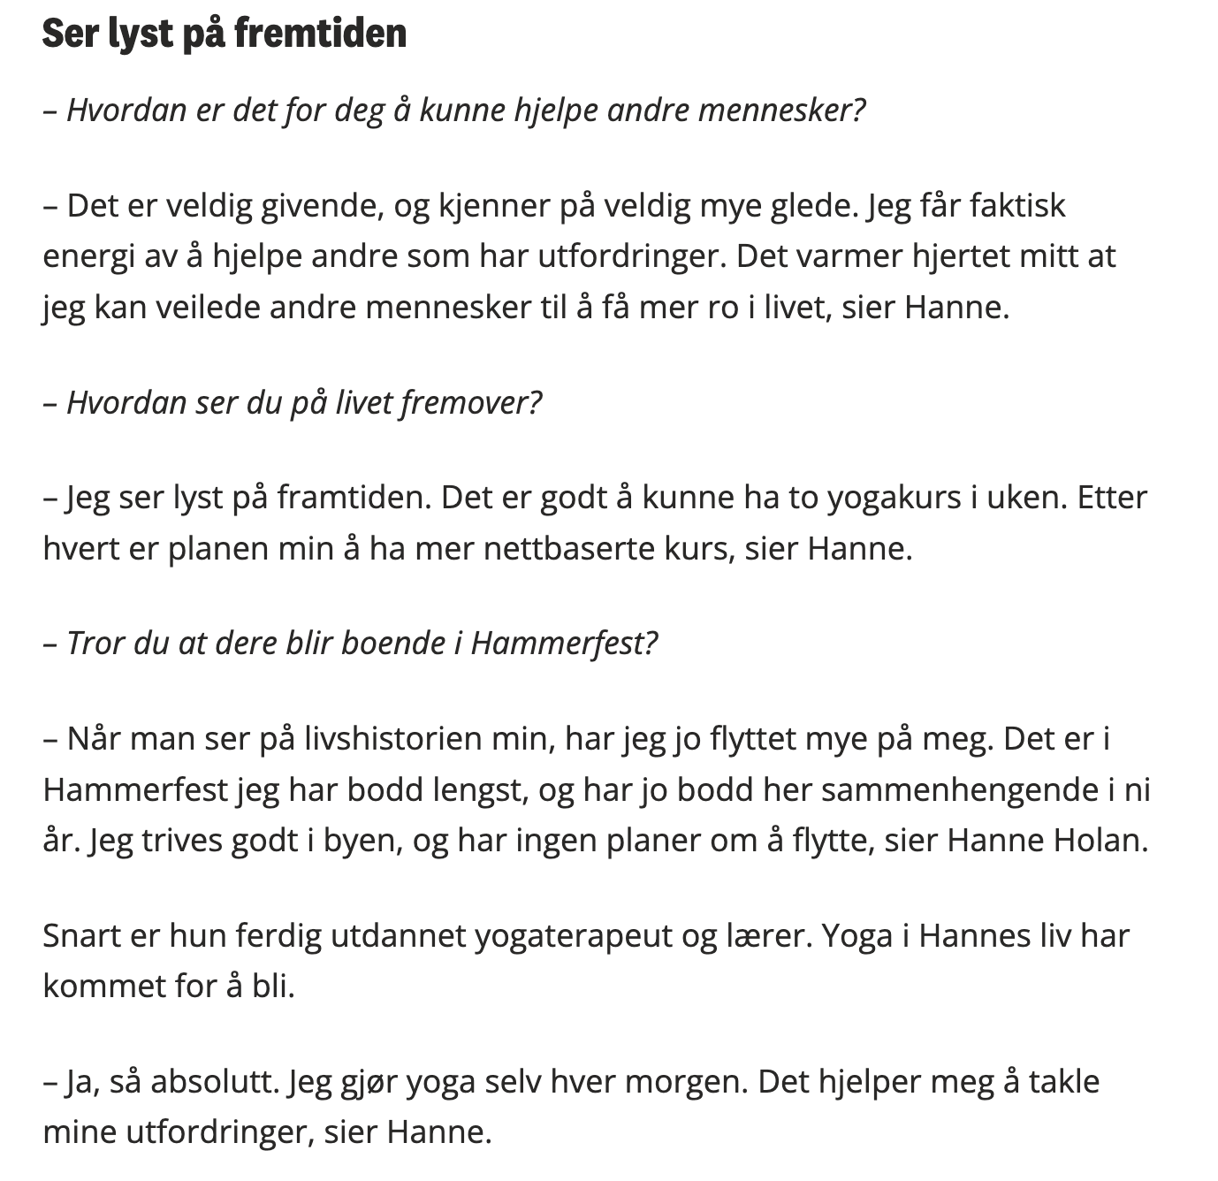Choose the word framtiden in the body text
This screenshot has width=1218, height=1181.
tap(354, 498)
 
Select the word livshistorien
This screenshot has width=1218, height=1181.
tap(382, 738)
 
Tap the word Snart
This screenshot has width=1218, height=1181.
tap(81, 935)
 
